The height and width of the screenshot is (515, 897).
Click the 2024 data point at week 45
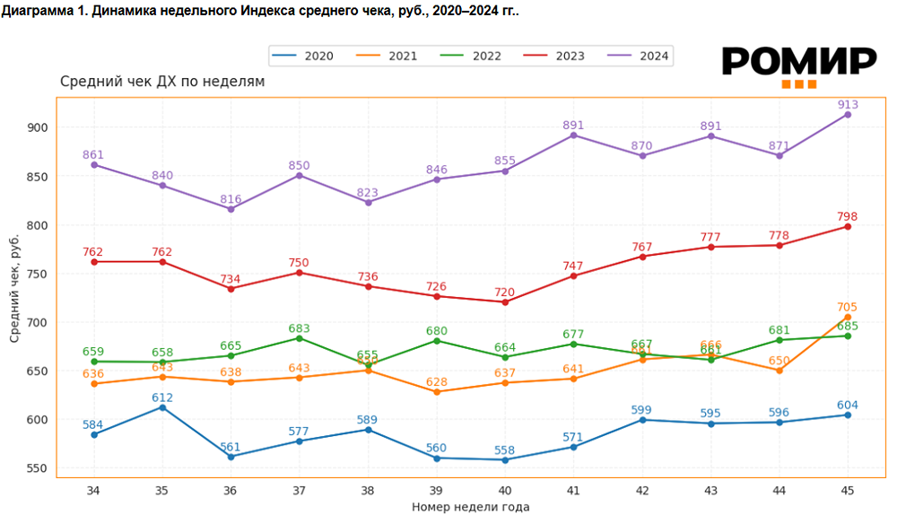click(848, 114)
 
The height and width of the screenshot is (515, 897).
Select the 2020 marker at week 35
click(162, 407)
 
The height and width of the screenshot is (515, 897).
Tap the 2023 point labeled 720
click(505, 301)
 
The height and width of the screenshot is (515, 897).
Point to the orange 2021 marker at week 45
click(848, 317)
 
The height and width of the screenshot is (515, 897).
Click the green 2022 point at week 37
click(300, 337)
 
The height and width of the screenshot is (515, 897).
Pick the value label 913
click(848, 104)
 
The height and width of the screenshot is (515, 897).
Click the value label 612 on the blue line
click(162, 397)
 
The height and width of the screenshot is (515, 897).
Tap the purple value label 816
click(231, 199)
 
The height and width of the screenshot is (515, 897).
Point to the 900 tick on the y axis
click(39, 127)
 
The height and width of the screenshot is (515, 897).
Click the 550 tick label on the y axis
click(39, 468)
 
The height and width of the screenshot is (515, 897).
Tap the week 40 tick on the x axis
click(505, 490)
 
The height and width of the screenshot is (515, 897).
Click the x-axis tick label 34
click(93, 490)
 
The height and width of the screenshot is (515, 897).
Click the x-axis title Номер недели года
click(470, 507)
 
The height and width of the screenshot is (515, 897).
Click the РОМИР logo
click(798, 65)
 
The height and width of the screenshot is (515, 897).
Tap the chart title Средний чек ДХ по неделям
click(162, 82)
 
